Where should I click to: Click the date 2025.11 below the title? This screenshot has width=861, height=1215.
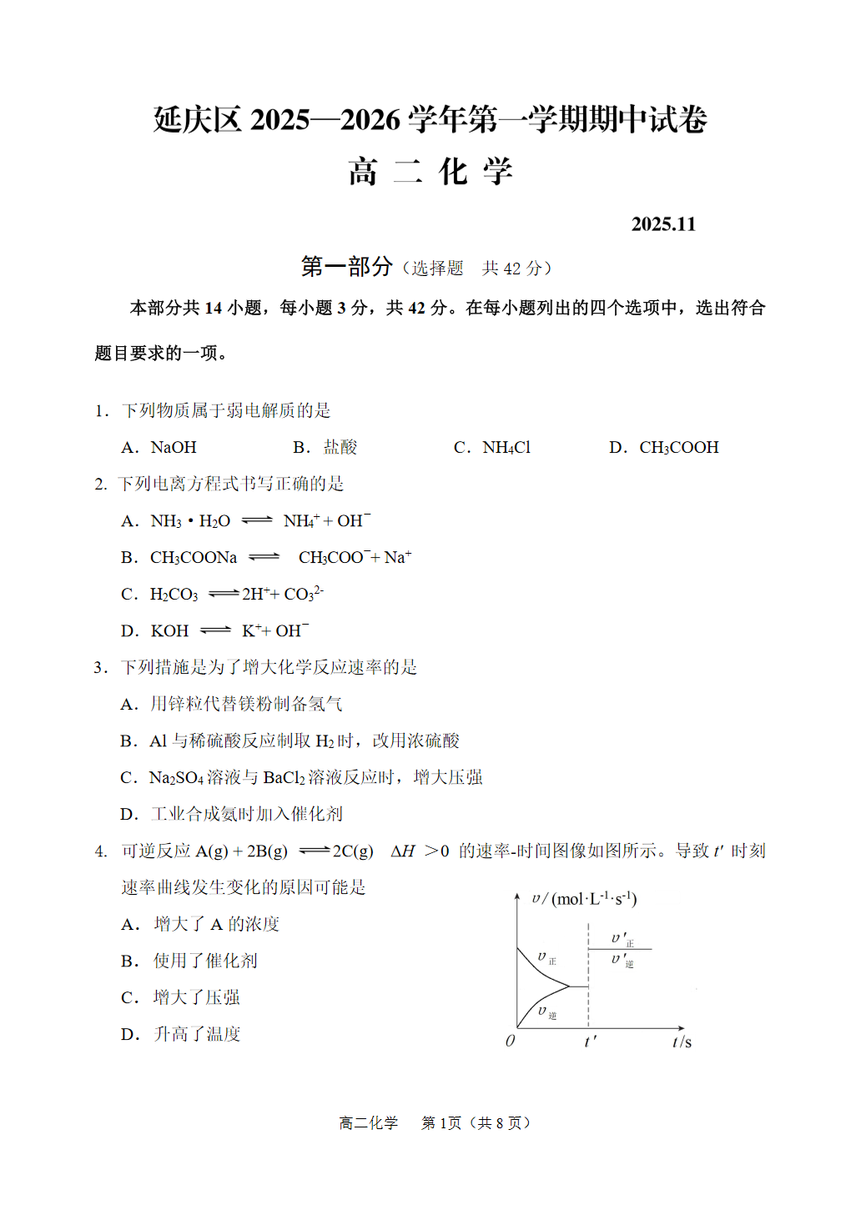click(663, 224)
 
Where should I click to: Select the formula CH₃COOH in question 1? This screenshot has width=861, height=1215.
click(678, 448)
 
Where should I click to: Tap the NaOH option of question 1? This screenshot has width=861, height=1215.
click(174, 448)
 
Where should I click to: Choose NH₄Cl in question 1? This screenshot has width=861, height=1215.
click(506, 448)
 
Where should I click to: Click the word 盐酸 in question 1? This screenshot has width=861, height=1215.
click(340, 448)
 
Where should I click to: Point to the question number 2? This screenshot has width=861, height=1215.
click(100, 484)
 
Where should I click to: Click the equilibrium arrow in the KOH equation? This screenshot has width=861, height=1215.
click(215, 630)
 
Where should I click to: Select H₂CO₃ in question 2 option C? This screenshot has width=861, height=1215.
click(174, 595)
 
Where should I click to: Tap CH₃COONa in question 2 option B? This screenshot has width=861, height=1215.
click(194, 558)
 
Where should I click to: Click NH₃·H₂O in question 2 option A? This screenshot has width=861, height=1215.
click(190, 521)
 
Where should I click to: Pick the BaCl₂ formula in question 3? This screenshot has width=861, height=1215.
click(284, 778)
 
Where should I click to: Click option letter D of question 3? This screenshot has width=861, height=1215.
click(128, 815)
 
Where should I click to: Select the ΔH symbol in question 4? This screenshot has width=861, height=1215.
click(403, 851)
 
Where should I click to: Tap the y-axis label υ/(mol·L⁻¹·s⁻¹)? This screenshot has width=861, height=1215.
click(584, 899)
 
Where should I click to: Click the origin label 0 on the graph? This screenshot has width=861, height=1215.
click(511, 1041)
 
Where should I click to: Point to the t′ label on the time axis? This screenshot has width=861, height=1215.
click(590, 1042)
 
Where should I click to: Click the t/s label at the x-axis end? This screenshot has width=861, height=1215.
click(682, 1042)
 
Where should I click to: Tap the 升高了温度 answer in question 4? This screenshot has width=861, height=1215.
click(197, 1035)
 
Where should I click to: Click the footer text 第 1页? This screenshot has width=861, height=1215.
click(441, 1123)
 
